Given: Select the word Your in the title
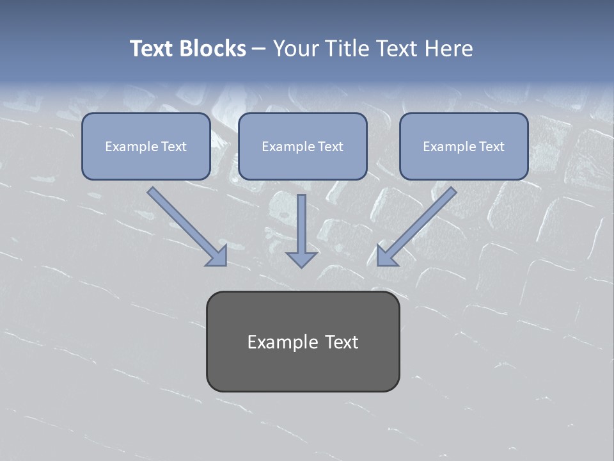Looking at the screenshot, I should point(297,49).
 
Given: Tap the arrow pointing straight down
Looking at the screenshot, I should point(301,224).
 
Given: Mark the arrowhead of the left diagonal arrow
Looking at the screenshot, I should point(218,257).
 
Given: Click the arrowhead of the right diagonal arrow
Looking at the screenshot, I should point(386,257).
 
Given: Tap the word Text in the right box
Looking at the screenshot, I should point(491,147).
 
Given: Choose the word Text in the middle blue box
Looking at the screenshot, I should point(330,147).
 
